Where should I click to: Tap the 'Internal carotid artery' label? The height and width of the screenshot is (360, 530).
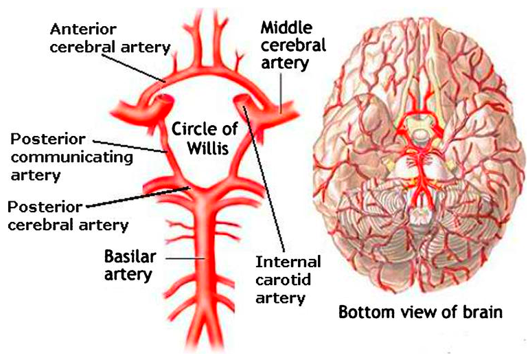[x=288, y=280]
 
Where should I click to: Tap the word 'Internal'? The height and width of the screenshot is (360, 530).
[x=288, y=262]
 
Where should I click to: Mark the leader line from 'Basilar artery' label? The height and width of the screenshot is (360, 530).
[x=180, y=259]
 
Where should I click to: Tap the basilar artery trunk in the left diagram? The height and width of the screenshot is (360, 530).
[x=205, y=275]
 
